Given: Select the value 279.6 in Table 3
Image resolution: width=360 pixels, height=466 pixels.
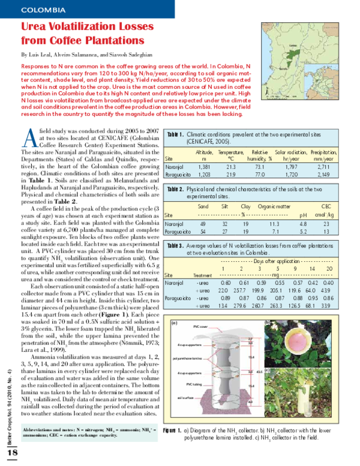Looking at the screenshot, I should (x=242, y=305).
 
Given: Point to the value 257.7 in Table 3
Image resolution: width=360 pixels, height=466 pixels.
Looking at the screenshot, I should (x=242, y=290).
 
